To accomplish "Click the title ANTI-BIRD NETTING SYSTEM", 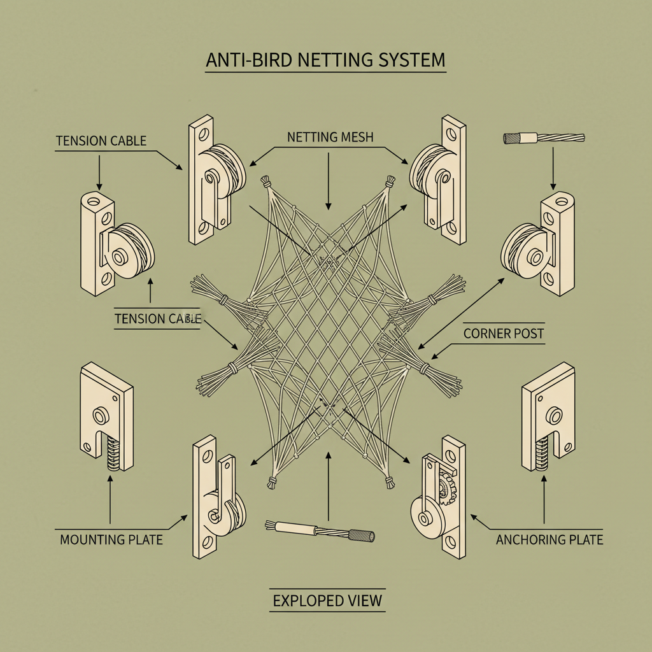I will click(325, 60).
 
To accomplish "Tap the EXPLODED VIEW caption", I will click(327, 600).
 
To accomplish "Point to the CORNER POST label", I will click(504, 333).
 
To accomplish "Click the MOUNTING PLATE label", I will click(111, 539).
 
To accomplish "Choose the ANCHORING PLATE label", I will click(549, 539).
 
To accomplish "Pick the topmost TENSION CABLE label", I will click(101, 141).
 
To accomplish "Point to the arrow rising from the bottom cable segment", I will click(328, 484).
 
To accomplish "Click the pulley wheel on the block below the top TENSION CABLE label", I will click(131, 252).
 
